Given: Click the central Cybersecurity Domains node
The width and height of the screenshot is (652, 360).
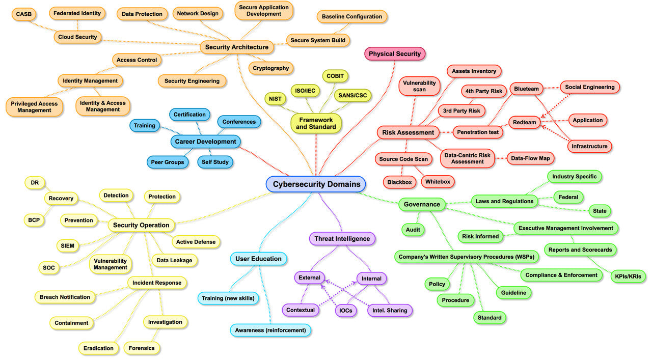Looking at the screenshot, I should click(316, 184).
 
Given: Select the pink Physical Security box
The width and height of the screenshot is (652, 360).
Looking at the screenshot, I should click(395, 54).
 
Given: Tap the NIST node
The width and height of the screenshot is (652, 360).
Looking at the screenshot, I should click(275, 98).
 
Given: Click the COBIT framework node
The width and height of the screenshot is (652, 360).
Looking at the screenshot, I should click(335, 76).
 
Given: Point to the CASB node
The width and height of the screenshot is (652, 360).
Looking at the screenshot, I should click(24, 14).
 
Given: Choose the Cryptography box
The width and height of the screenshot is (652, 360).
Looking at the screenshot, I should click(271, 68).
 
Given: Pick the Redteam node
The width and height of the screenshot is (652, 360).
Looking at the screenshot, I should click(525, 122).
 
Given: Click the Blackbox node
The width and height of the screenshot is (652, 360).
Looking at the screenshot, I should click(399, 182).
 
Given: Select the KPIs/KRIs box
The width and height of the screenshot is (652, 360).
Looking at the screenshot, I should click(628, 276).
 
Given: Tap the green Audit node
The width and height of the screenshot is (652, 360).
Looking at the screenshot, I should click(413, 230).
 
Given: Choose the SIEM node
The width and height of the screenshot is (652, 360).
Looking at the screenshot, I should click(67, 246).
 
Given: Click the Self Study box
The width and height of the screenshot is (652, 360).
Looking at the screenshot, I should click(215, 162).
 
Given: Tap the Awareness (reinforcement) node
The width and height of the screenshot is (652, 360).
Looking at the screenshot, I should click(270, 330).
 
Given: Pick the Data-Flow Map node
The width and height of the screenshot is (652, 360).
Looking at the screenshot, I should click(530, 158).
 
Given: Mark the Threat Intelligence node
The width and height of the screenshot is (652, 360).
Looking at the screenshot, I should click(342, 238).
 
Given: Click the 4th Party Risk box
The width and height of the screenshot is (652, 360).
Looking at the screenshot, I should click(483, 92).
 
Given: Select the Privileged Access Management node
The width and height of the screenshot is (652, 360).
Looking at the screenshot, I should click(35, 106).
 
